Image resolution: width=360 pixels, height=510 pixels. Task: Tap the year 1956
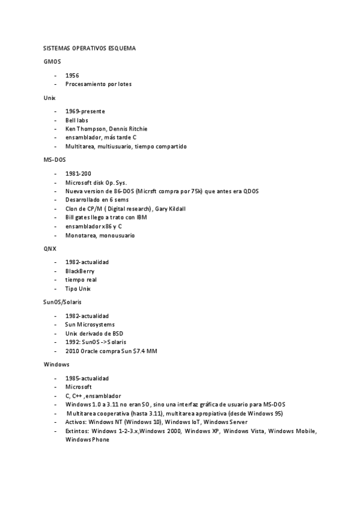pos(72,76)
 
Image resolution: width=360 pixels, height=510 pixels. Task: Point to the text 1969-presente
pos(85,111)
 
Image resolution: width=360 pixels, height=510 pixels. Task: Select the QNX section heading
pos(50,248)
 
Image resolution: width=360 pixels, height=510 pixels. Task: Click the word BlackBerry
pos(79,271)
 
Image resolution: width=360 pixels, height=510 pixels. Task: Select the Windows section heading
pos(56,364)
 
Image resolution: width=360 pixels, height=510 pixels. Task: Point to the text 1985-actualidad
pos(87,378)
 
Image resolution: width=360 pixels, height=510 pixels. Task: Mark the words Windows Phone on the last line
pos(87,440)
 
